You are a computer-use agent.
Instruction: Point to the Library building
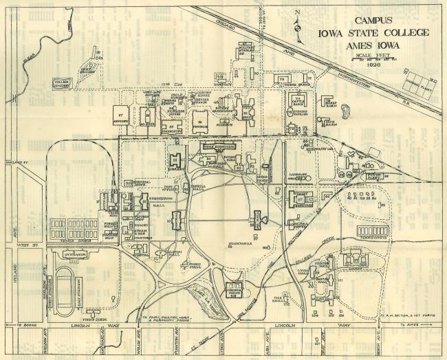point(176,160)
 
